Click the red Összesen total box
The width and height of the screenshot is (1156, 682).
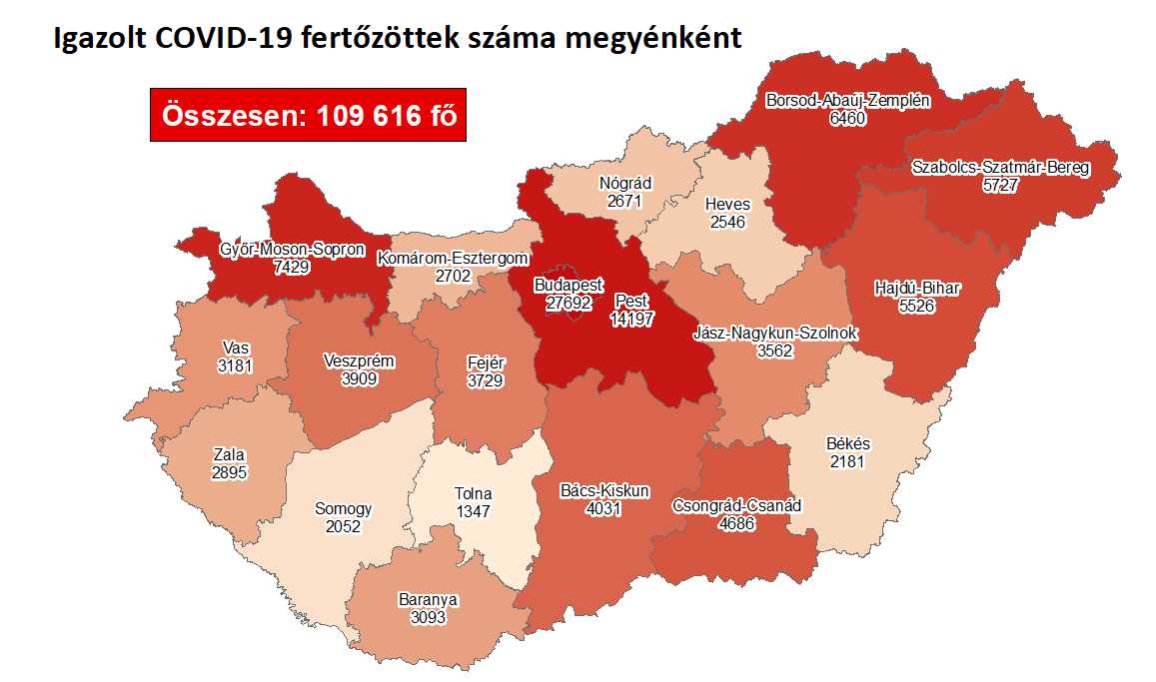[x=309, y=115]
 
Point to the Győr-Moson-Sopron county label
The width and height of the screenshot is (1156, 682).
[x=292, y=250]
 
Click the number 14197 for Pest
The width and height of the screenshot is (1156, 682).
[x=631, y=318]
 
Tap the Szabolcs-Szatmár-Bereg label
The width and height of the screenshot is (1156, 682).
[x=1000, y=168]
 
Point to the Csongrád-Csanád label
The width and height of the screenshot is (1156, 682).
[x=736, y=505]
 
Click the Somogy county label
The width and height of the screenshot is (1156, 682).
[x=343, y=509]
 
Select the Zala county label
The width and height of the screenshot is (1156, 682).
[x=229, y=454]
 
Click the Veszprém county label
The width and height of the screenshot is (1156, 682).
[x=360, y=361]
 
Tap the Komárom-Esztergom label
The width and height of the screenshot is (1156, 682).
[x=452, y=259]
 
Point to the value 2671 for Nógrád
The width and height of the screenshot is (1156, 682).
[x=624, y=200]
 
